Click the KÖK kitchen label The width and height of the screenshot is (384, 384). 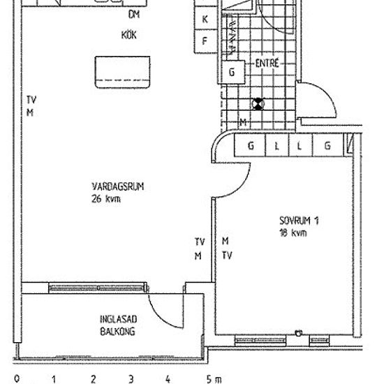click(129, 35)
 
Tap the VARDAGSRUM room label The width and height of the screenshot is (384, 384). click(117, 186)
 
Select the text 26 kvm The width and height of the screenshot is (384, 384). click(106, 198)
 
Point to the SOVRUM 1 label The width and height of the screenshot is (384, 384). click(299, 221)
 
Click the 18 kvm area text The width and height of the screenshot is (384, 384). click(293, 232)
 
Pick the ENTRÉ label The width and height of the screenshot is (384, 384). click(267, 63)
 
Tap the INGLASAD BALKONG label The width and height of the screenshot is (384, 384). click(118, 325)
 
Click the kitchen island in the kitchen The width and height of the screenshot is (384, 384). click(122, 72)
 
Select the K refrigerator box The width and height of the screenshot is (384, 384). click(206, 18)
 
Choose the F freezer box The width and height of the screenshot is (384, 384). click(206, 41)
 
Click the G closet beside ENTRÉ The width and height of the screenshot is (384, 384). click(232, 72)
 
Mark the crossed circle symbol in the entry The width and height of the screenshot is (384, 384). click(258, 104)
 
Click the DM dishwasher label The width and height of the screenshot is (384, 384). click(134, 15)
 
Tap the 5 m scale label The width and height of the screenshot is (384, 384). click(214, 379)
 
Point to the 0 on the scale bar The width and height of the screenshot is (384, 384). click(17, 379)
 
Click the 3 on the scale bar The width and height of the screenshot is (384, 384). click(131, 379)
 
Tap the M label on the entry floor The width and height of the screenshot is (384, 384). click(243, 122)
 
